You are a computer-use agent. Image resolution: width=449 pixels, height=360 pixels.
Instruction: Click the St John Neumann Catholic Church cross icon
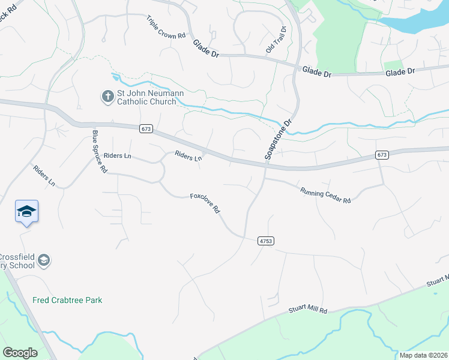click(107, 97)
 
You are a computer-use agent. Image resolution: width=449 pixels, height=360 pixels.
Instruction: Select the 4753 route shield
click(265, 241)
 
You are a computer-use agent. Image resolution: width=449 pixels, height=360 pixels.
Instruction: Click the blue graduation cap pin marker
click(26, 212)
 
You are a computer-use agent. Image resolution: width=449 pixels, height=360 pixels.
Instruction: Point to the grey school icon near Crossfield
click(43, 260)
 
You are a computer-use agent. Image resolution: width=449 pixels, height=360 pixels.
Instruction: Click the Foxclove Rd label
click(206, 204)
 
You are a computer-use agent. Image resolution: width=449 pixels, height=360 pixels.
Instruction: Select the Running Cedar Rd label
click(325, 193)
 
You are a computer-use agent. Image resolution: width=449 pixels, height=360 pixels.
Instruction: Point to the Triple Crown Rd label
click(166, 28)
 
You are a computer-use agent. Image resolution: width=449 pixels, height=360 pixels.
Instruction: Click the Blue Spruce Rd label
click(99, 152)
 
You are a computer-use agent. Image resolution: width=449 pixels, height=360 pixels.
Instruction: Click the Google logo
click(20, 353)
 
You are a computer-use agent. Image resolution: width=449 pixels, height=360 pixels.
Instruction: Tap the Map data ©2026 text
click(423, 355)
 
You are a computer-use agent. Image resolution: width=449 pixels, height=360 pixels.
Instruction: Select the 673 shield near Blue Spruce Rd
click(146, 128)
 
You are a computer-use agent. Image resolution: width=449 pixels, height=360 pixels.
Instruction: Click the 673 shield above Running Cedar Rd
click(382, 155)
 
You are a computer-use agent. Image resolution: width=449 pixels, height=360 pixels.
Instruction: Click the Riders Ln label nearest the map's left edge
click(44, 176)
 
